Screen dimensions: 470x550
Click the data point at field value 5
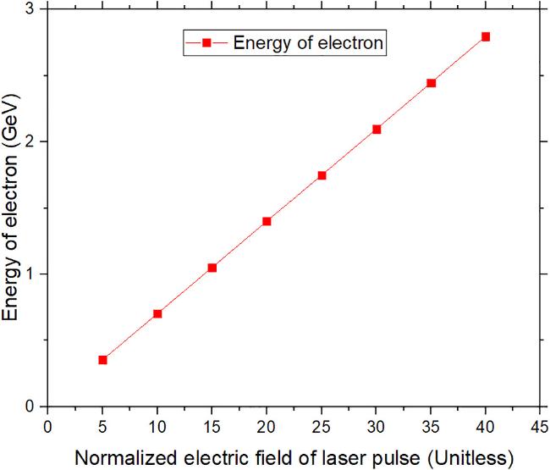click(102, 360)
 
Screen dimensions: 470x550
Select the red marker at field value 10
click(157, 313)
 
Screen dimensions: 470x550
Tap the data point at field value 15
click(212, 268)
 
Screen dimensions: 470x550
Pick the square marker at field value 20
click(267, 221)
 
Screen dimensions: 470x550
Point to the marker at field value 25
click(322, 175)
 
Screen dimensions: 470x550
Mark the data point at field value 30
click(377, 129)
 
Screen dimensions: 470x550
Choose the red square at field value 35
click(431, 83)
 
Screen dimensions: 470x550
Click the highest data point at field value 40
click(486, 36)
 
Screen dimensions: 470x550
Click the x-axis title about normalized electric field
click(294, 458)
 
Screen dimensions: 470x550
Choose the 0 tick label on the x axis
click(48, 425)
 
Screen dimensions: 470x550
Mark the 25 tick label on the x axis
click(322, 425)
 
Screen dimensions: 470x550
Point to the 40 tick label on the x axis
click(486, 425)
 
